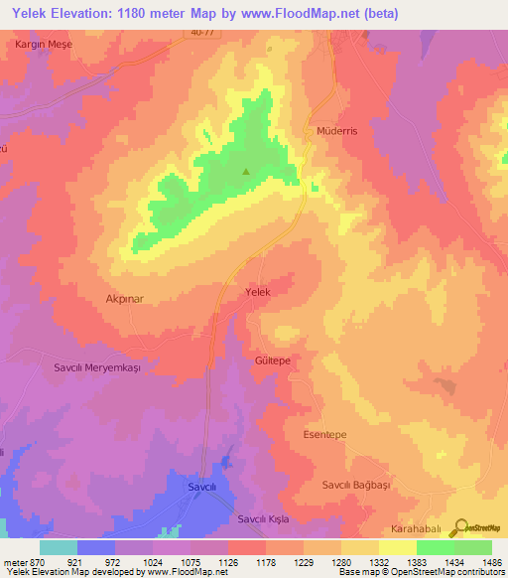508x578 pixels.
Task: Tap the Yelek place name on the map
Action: click(x=258, y=293)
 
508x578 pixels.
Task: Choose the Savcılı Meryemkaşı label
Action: click(x=98, y=366)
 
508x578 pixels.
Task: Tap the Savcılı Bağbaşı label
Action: click(x=351, y=484)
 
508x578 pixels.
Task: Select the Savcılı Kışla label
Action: click(x=262, y=519)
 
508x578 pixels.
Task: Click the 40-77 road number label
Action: click(x=202, y=32)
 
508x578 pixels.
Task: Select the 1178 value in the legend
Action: click(x=246, y=561)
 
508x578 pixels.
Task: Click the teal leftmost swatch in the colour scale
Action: click(x=59, y=547)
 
